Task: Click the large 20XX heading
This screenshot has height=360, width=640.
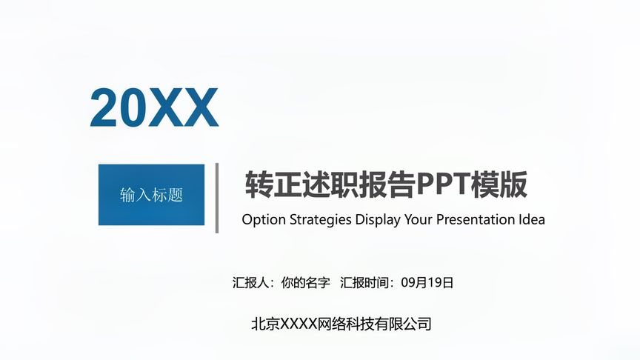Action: pyautogui.click(x=154, y=108)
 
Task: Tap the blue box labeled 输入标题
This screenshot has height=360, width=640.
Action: pyautogui.click(x=151, y=195)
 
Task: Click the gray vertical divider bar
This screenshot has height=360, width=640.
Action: pyautogui.click(x=216, y=198)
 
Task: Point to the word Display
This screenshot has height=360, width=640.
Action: pyautogui.click(x=377, y=220)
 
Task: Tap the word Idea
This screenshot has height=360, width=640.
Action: pyautogui.click(x=531, y=220)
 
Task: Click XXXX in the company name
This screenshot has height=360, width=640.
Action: pyautogui.click(x=298, y=324)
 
